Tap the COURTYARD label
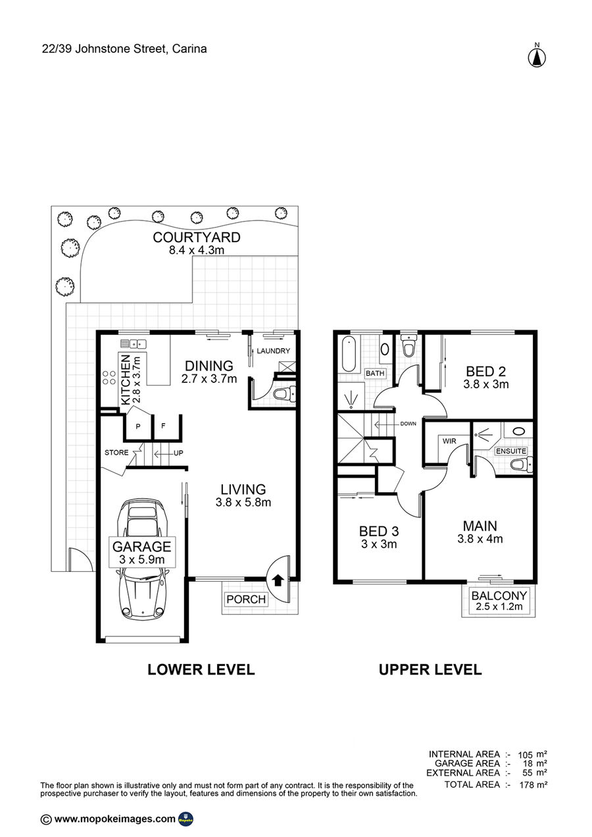[x=197, y=238]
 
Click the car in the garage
[x=142, y=559]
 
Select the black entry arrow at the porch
[x=278, y=580]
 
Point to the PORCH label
[x=246, y=599]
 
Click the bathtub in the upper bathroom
[x=349, y=354]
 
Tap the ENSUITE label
[x=511, y=451]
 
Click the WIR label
[x=449, y=441]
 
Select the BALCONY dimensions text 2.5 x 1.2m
[x=499, y=607]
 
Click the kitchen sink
[x=133, y=343]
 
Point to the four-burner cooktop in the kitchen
[x=109, y=378]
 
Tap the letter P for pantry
[x=138, y=426]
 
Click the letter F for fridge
[x=163, y=426]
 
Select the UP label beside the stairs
[x=178, y=453]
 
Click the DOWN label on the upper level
[x=408, y=424]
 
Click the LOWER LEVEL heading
[x=201, y=670]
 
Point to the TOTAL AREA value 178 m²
[x=533, y=785]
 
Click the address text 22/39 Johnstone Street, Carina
[x=124, y=49]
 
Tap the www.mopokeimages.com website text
[x=114, y=819]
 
